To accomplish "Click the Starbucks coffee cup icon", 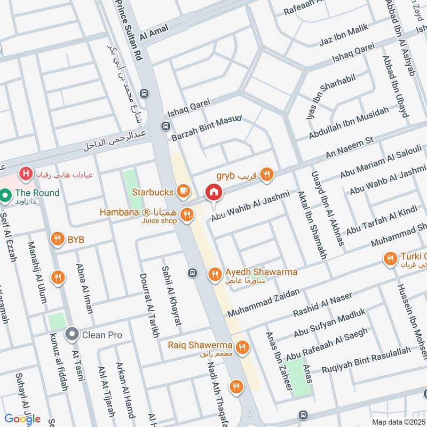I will point(183,191).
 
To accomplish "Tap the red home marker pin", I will point(214,192).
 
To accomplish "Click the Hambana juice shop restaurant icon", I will point(186,215).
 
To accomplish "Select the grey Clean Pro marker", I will point(72,335).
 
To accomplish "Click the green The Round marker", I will point(6,195).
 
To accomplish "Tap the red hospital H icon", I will point(25,173).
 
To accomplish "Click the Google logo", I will point(22,418).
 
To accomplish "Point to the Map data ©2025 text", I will point(398,422).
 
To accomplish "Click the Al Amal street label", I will point(154,33).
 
